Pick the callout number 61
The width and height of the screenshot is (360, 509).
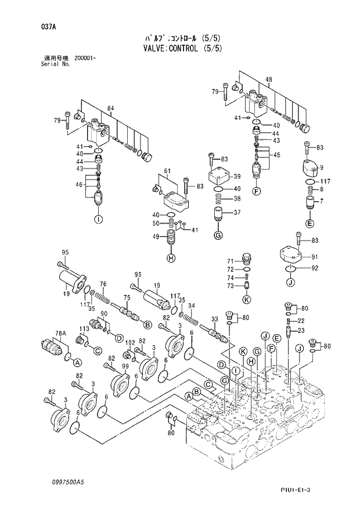tap(167, 170)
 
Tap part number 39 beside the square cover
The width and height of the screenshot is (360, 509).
tap(237, 177)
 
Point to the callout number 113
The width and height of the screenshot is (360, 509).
tap(84, 328)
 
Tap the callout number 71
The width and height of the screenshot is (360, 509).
tap(230, 261)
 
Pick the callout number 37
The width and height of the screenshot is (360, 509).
tap(237, 213)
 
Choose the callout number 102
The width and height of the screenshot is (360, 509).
tap(131, 342)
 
